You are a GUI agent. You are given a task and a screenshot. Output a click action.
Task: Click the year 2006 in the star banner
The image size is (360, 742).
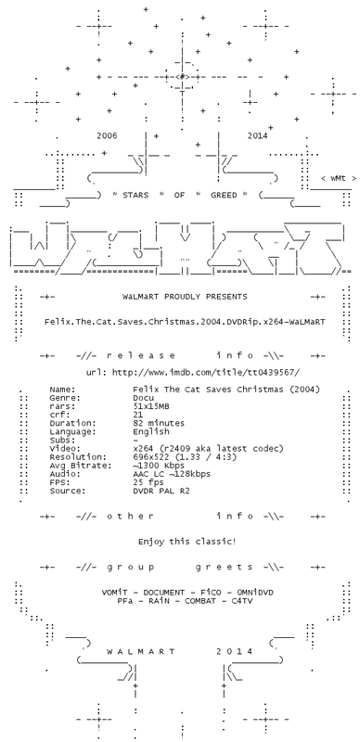107,135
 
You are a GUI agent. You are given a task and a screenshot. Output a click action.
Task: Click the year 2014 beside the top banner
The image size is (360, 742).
257,135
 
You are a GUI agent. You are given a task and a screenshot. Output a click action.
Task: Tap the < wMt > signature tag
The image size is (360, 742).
339,178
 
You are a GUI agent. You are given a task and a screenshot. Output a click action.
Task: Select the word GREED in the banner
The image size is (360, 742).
224,195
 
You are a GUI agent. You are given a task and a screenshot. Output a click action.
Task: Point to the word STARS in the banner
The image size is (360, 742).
135,195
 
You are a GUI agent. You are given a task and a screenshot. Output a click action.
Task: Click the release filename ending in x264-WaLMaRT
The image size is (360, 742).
185,322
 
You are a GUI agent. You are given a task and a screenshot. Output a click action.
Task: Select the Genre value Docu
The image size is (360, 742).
144,398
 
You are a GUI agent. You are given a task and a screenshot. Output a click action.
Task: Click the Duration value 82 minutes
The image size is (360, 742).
159,423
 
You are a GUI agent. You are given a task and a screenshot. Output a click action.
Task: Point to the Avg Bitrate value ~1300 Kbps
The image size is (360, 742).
159,466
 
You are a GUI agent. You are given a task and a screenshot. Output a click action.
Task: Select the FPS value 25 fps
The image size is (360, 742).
148,482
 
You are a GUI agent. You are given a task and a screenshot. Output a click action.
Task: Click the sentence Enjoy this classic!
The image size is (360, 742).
187,542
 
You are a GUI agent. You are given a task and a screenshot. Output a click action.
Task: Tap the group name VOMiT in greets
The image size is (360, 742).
115,593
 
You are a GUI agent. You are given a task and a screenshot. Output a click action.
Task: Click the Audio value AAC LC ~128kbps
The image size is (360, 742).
172,474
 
